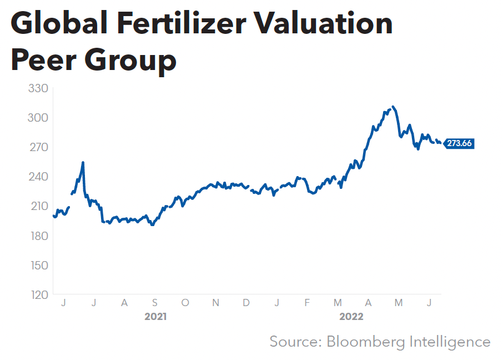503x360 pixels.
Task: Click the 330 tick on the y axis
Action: [38, 88]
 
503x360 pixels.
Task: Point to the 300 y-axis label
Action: [38, 118]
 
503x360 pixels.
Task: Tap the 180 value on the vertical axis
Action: [38, 236]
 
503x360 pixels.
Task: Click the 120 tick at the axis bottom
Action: [38, 294]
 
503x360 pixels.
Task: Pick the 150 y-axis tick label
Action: [38, 265]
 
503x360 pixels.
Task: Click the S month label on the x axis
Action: [155, 303]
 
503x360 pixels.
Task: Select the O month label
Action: [185, 303]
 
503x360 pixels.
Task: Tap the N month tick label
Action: [216, 303]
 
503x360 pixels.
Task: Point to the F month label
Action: [307, 303]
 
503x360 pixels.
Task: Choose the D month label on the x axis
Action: [246, 303]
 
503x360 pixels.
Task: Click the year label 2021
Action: [155, 317]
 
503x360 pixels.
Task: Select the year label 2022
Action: [352, 317]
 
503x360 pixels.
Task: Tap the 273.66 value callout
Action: [459, 143]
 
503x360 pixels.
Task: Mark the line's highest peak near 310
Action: [393, 107]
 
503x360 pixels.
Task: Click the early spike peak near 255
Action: [83, 162]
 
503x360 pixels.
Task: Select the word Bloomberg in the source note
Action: [367, 341]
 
